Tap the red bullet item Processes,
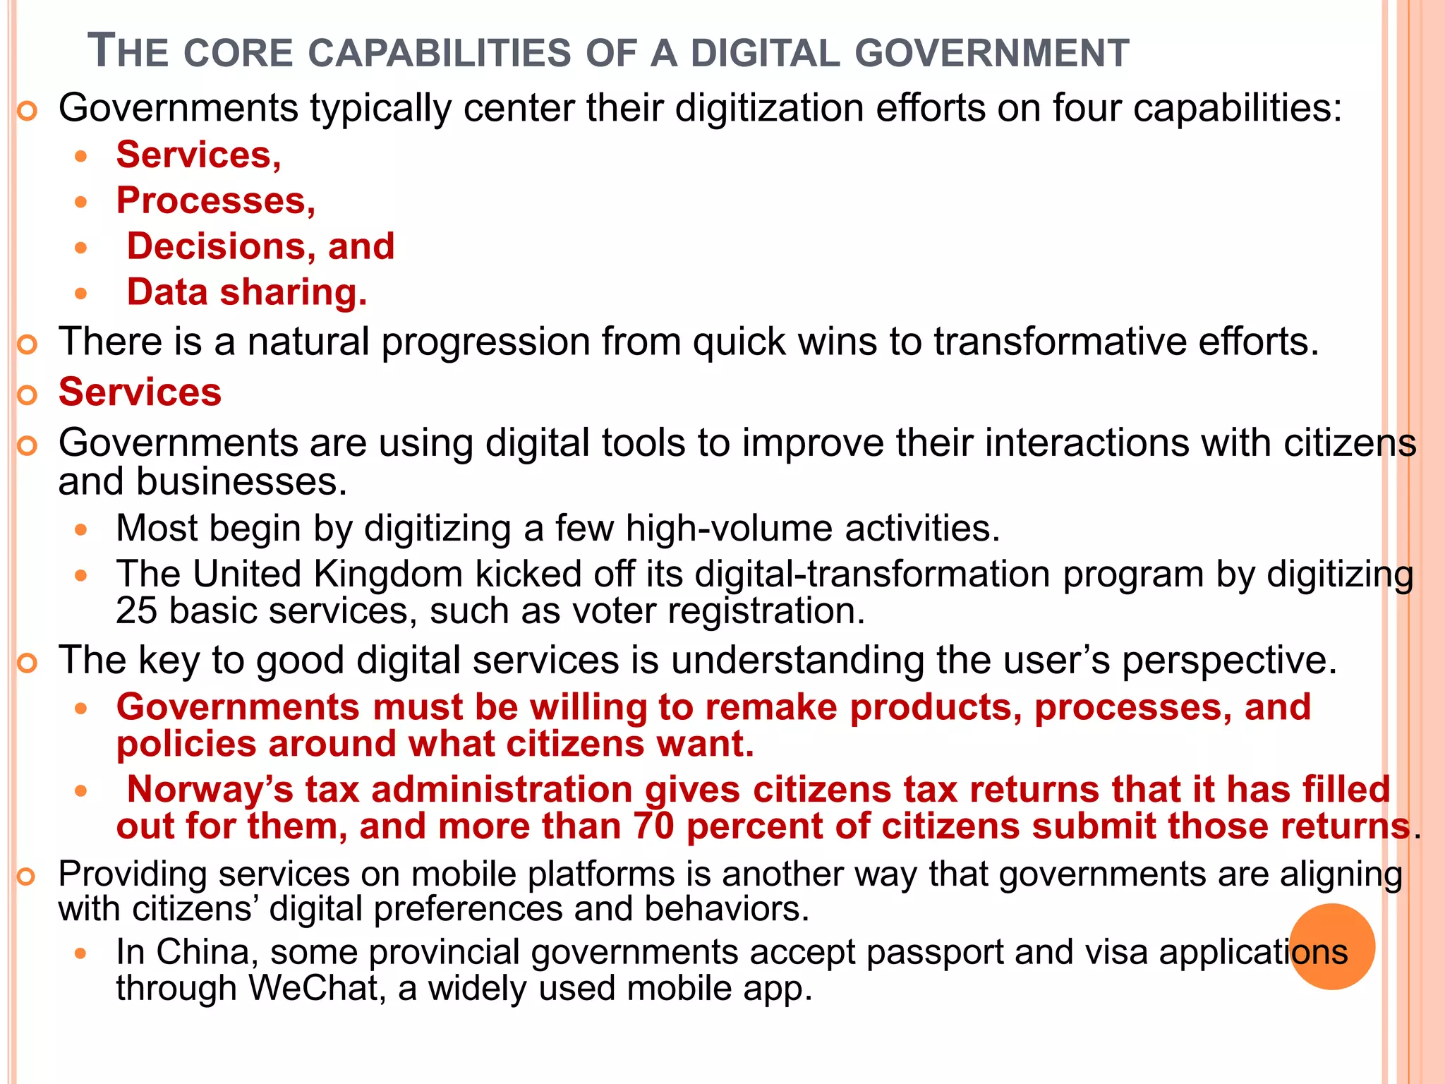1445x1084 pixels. (216, 200)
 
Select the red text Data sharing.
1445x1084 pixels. (247, 292)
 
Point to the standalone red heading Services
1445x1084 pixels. (140, 392)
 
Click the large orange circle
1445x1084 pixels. (1332, 946)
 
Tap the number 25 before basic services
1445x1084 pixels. (136, 610)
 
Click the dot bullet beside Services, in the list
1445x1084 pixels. (82, 156)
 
